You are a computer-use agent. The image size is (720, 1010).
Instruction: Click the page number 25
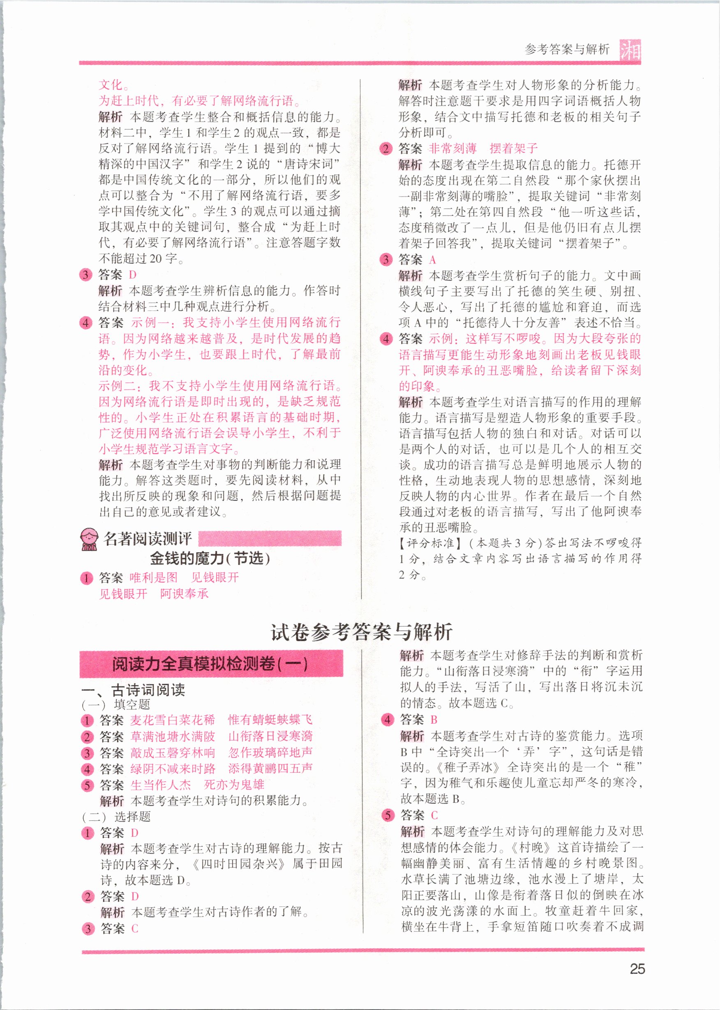pos(637,969)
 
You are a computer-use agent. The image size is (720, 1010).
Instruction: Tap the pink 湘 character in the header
pos(630,50)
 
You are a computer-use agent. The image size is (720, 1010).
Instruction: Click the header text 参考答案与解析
pos(567,49)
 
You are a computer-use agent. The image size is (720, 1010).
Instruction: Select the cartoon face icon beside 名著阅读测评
pos(90,539)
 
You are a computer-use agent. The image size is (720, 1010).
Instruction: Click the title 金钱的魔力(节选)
pos(210,558)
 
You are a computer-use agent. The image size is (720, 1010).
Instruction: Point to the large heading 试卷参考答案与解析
pos(361,632)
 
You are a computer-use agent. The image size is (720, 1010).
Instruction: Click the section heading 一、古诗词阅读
pos(133,690)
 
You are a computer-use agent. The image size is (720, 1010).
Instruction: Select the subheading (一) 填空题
pos(116,704)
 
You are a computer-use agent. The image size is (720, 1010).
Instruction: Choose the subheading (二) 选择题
pos(117,817)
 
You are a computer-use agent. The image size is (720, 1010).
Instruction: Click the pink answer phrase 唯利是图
pos(153,577)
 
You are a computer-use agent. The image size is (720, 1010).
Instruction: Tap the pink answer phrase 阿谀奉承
pos(184,593)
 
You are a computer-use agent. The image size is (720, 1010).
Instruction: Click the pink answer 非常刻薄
pos(452,148)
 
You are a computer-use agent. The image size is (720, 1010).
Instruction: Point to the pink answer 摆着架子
pos(513,148)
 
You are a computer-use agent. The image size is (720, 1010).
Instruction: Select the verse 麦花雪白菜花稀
pos(173,720)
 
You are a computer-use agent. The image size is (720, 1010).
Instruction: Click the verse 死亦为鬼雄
pos(234,785)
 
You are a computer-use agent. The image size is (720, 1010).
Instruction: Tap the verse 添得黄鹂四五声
pos(270,768)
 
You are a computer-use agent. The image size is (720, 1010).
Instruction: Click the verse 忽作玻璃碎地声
pos(270,752)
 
